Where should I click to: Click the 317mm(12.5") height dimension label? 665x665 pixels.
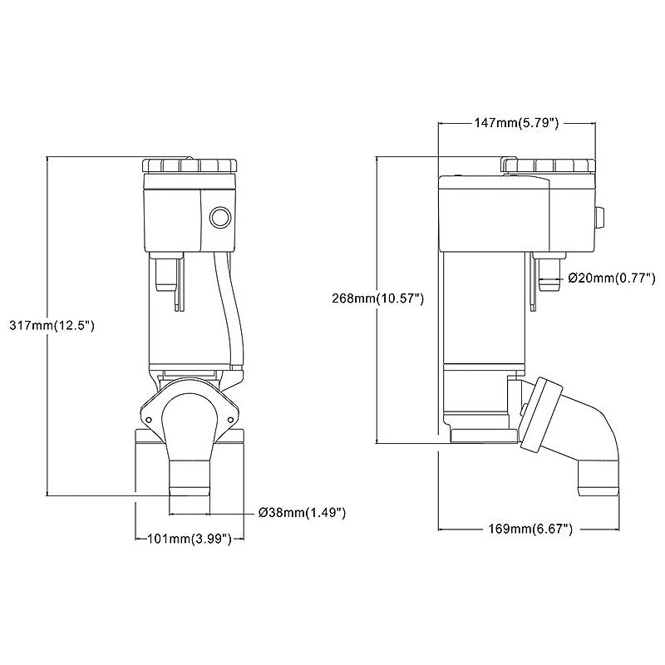[52, 326]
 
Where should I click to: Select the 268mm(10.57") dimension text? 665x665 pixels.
[378, 298]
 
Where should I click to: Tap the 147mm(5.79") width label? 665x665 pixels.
[516, 123]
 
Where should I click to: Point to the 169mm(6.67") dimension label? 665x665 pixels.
[530, 529]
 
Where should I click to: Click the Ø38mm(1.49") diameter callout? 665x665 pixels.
[303, 513]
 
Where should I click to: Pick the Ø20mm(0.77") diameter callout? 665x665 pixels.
[612, 278]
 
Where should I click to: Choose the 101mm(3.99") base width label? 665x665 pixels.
[190, 539]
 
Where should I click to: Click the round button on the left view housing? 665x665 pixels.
[221, 218]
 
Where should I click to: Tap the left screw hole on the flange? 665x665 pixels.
[149, 420]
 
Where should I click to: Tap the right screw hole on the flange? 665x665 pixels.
[230, 420]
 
